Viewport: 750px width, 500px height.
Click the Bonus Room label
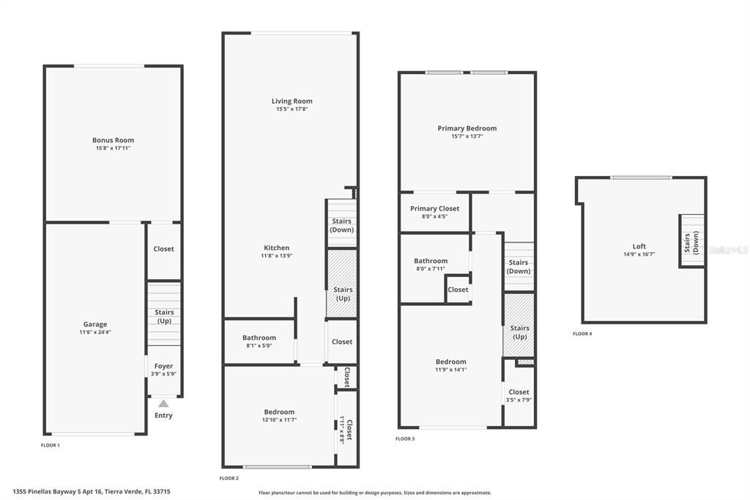coord(113,140)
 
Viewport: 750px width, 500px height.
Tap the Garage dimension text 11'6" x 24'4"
coord(94,332)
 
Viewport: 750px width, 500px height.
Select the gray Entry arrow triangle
coord(163,403)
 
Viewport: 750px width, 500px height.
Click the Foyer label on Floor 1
coord(163,366)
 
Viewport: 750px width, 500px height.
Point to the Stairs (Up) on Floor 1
coord(164,316)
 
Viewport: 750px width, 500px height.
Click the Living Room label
coord(292,101)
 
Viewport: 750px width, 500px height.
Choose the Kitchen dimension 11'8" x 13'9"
coord(276,256)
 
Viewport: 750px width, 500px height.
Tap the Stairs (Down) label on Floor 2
coord(341,225)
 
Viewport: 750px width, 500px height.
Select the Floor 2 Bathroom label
coord(259,338)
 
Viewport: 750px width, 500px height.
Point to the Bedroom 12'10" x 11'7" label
coord(279,412)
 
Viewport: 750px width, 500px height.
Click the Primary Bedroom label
coord(467,128)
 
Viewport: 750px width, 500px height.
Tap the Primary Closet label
coord(434,208)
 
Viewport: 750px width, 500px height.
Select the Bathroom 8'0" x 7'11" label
coord(430,261)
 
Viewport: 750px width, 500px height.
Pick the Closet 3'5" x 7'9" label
coord(519,392)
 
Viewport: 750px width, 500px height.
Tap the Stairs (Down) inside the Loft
coord(691,241)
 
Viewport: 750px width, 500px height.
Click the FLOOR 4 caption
coord(582,334)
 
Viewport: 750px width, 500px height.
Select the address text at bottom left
coord(96,492)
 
